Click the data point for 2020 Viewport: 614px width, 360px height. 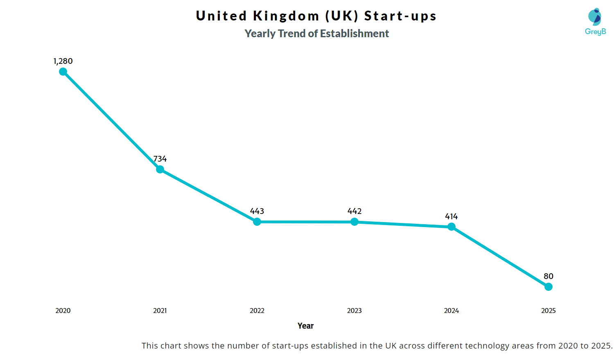coord(63,72)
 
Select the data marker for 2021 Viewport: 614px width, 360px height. coord(160,169)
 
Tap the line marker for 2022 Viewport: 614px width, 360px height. coord(257,222)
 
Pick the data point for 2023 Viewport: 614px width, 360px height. coord(354,222)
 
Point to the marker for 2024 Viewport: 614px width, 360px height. coord(451,227)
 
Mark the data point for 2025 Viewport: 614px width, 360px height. coord(549,287)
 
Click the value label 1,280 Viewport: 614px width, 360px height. coord(63,61)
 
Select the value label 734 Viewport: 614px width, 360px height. coord(160,159)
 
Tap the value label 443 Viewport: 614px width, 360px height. coord(257,211)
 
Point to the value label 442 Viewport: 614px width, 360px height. coord(354,211)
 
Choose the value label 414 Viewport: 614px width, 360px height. coord(451,216)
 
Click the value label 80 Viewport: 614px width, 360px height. coord(549,276)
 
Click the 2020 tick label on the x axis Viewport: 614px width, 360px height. coord(63,310)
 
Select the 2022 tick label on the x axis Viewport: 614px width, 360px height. coord(257,310)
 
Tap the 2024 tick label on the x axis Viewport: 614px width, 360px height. coord(451,310)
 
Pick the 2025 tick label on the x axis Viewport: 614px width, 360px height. coord(549,310)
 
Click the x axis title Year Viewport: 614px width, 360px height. coord(305,326)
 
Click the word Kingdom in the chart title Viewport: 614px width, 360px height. coord(286,16)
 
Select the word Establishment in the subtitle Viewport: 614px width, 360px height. coord(354,34)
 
